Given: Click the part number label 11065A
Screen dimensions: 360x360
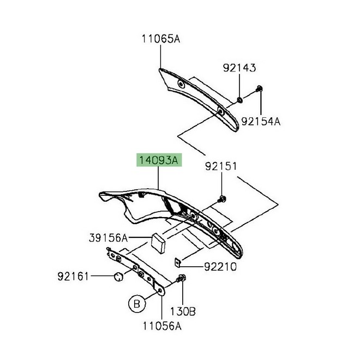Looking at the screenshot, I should (x=160, y=39).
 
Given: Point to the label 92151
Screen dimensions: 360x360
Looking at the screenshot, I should (x=221, y=166).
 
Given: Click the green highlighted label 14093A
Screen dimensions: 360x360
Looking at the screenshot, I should (x=158, y=161).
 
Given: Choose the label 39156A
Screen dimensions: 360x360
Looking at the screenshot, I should (x=107, y=238).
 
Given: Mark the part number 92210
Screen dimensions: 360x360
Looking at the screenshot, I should (x=221, y=267).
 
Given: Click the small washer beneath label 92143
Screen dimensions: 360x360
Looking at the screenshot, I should (x=239, y=100).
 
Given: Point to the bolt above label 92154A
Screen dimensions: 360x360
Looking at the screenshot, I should (x=259, y=89).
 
